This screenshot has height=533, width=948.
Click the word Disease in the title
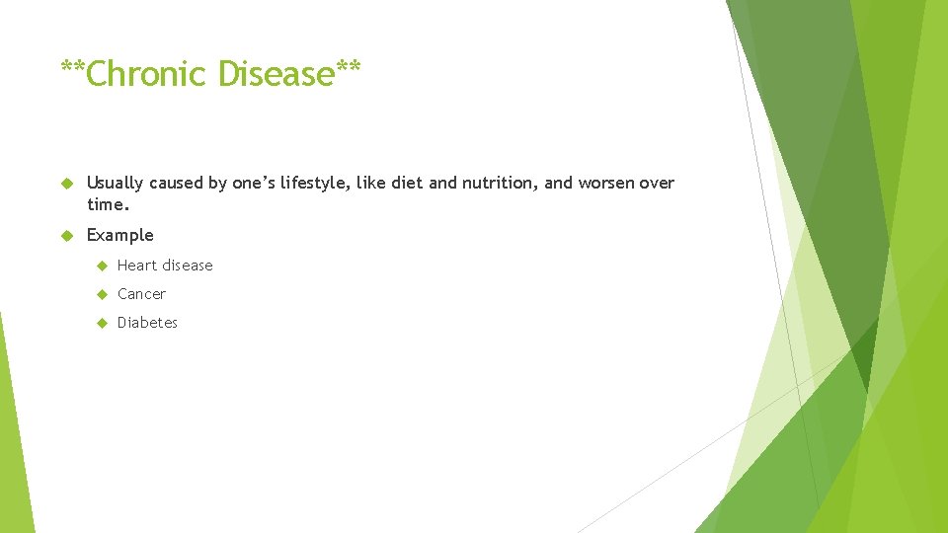pos(276,74)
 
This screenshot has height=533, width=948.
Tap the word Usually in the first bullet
pos(116,183)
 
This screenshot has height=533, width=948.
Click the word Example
pos(120,235)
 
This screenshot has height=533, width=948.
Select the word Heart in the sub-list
pos(137,266)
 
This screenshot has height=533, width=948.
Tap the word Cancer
pos(142,294)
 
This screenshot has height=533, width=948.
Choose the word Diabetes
pos(148,323)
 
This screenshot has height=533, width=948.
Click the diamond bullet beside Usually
pos(67,184)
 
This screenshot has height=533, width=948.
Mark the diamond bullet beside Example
pos(67,236)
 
